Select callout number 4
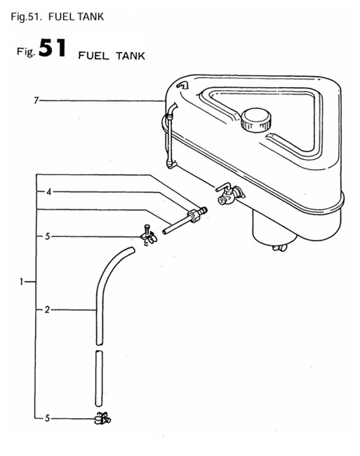[x=48, y=191]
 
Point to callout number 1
[x=23, y=282]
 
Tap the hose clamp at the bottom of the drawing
[x=101, y=420]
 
